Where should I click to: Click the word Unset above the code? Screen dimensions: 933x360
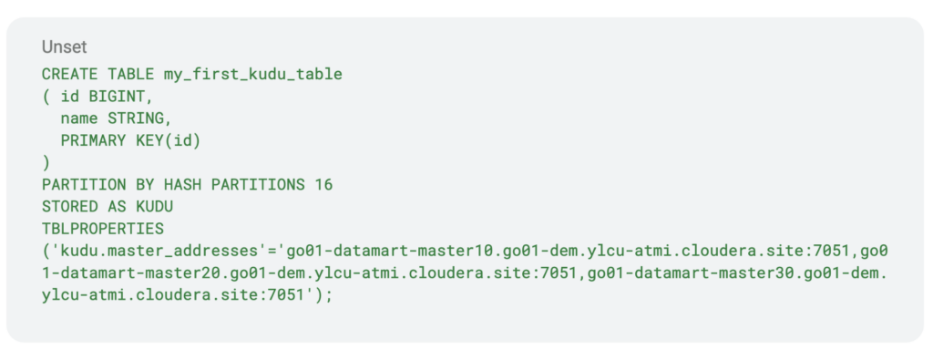click(x=64, y=46)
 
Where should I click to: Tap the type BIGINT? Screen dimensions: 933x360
click(x=117, y=96)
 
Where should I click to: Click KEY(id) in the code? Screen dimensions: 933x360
click(x=169, y=140)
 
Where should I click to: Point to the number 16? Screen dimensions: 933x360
click(x=323, y=185)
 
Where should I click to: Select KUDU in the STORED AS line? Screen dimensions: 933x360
click(x=154, y=207)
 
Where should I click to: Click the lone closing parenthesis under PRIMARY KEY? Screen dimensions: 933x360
click(x=46, y=162)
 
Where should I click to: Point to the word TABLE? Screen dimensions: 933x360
click(x=131, y=74)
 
